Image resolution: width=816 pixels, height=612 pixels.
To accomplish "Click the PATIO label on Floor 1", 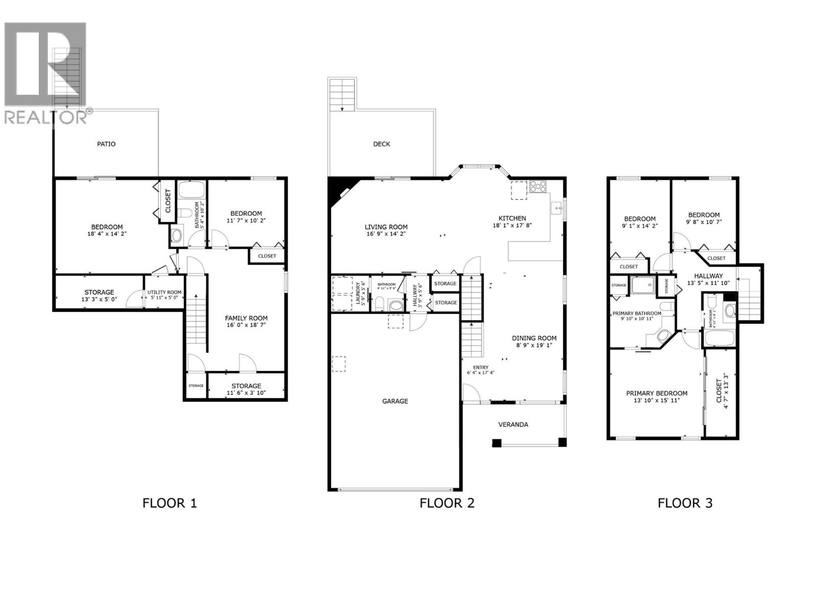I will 106,144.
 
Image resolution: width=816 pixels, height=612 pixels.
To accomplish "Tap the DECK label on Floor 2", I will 381,144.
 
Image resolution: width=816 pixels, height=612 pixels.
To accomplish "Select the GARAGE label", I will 395,401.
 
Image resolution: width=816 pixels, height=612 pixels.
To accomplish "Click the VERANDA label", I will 513,424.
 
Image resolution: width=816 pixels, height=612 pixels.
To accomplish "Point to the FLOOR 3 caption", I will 685,503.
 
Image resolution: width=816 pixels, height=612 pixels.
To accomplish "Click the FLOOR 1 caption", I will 169,503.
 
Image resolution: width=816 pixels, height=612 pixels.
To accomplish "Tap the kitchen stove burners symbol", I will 538,186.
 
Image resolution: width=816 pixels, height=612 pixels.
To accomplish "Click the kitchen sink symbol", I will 557,208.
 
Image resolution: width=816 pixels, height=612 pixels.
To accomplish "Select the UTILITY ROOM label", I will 164,292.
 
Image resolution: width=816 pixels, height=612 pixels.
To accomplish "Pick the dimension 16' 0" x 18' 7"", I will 246,325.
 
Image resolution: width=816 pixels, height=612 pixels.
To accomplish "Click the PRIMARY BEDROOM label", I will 656,393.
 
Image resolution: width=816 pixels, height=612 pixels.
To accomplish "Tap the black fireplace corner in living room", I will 337,188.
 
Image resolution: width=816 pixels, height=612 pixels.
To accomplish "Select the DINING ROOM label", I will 534,338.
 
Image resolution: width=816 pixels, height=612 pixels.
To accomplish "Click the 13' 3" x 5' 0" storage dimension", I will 99,299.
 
